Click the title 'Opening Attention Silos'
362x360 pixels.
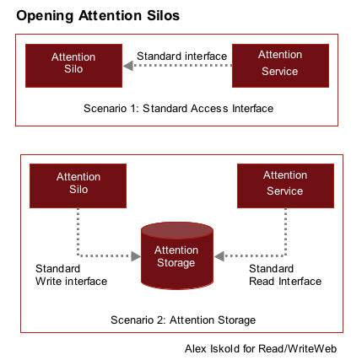pos(98,16)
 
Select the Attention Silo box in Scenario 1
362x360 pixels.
pos(73,66)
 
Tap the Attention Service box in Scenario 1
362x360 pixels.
pos(280,66)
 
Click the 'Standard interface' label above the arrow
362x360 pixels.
pos(181,56)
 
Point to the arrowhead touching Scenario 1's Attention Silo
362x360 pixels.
pos(128,66)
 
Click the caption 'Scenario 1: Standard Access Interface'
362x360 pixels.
pos(178,109)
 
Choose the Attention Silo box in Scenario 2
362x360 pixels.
pos(78,185)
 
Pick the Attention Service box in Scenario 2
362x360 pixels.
pos(285,185)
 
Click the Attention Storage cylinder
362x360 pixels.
pos(177,255)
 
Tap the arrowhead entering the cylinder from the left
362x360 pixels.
pos(136,256)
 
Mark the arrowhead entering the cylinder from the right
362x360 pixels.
pos(219,256)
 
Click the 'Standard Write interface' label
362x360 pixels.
pos(72,275)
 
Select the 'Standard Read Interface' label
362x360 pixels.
pos(285,275)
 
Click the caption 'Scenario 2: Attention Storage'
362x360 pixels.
pos(183,320)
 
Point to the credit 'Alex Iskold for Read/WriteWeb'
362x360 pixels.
pos(261,349)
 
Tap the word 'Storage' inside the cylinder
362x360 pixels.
pos(176,263)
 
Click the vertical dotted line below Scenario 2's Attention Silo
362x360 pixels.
pos(78,232)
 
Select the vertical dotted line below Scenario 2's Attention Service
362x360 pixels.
pos(285,232)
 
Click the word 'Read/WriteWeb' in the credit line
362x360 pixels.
pos(298,349)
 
